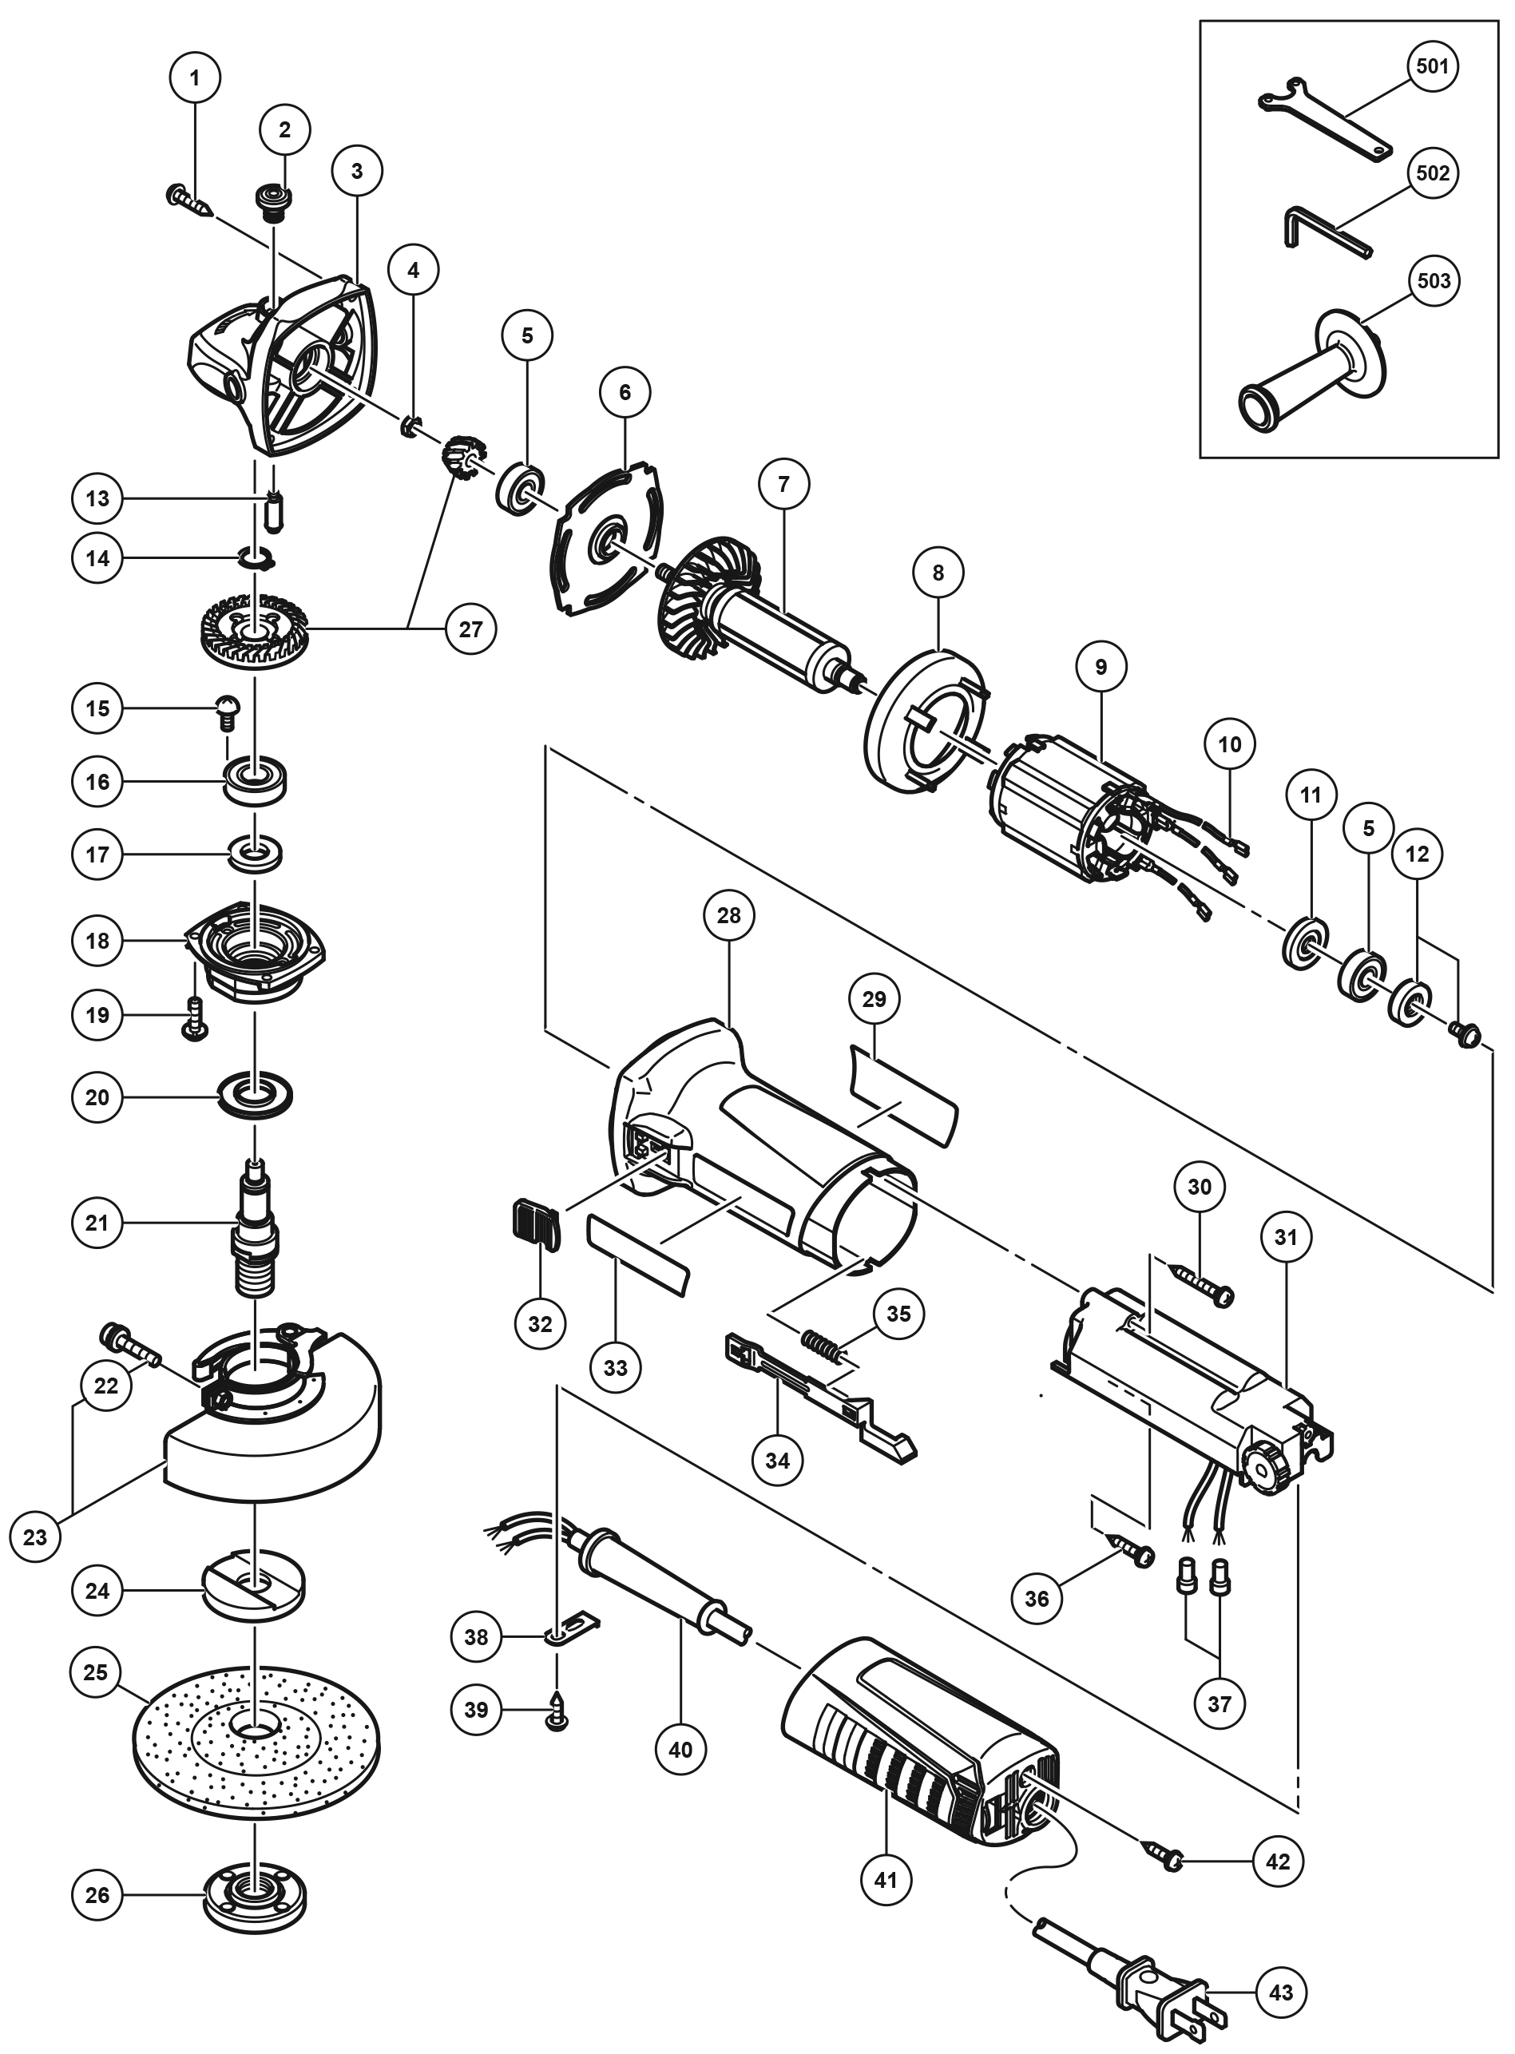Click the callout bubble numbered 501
point(1432,66)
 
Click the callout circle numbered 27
point(470,629)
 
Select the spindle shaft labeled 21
point(256,1225)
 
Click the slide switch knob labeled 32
point(533,1224)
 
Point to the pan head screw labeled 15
point(225,710)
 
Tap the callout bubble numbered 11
point(1311,794)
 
